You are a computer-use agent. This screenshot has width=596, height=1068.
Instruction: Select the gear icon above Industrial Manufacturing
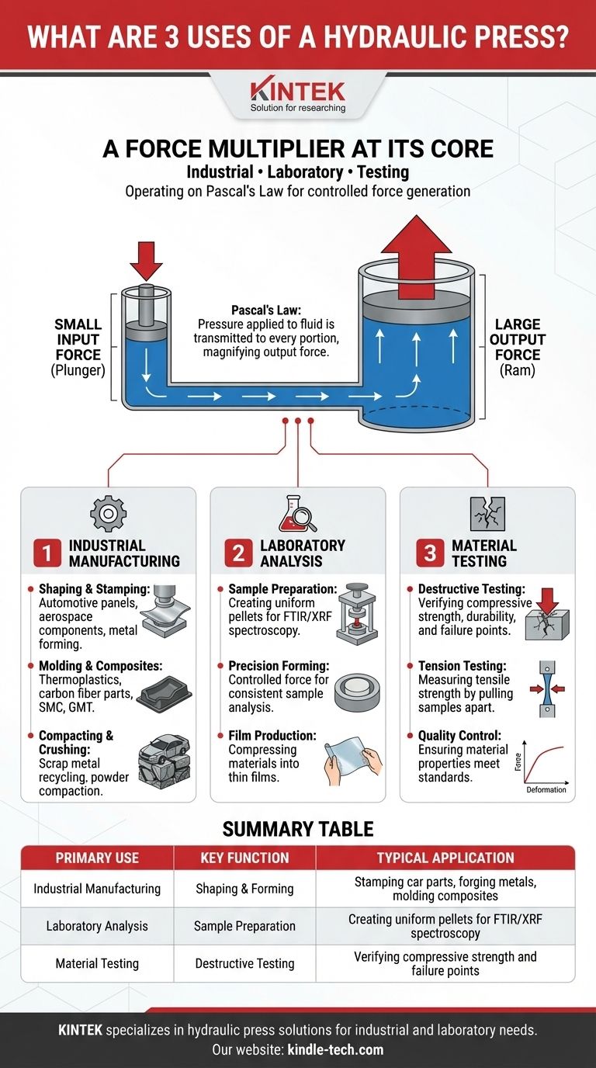(x=108, y=514)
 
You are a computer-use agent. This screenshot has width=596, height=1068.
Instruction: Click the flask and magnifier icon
(x=297, y=514)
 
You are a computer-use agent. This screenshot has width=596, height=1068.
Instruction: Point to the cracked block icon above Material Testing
(x=487, y=514)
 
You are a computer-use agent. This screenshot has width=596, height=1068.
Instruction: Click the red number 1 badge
(x=47, y=553)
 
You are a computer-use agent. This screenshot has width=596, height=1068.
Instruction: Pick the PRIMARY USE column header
(x=97, y=858)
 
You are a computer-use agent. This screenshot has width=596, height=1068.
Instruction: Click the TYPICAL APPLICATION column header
(x=445, y=858)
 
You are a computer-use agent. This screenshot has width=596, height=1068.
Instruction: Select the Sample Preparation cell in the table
(x=244, y=926)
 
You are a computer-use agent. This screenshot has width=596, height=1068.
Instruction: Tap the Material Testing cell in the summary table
(x=97, y=963)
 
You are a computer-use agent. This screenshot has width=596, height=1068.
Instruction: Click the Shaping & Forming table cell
(x=244, y=889)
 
